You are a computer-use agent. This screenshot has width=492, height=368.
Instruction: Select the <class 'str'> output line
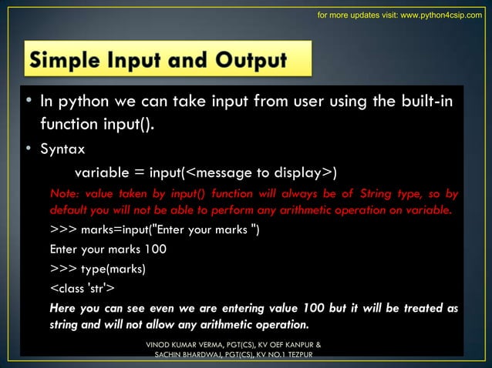point(83,288)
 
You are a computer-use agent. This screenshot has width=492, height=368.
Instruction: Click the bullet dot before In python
point(26,102)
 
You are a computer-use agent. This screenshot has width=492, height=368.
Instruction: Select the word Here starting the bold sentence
point(63,308)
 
